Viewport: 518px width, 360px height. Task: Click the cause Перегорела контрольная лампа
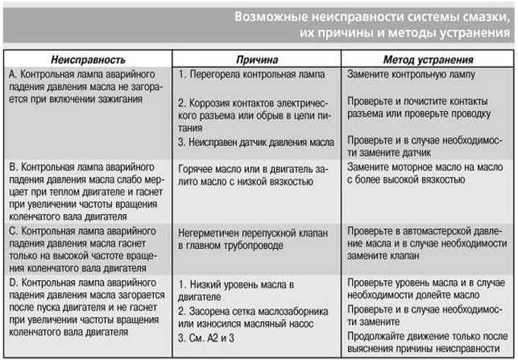[x=251, y=75]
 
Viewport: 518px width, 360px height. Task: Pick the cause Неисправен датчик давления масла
[x=255, y=142]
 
